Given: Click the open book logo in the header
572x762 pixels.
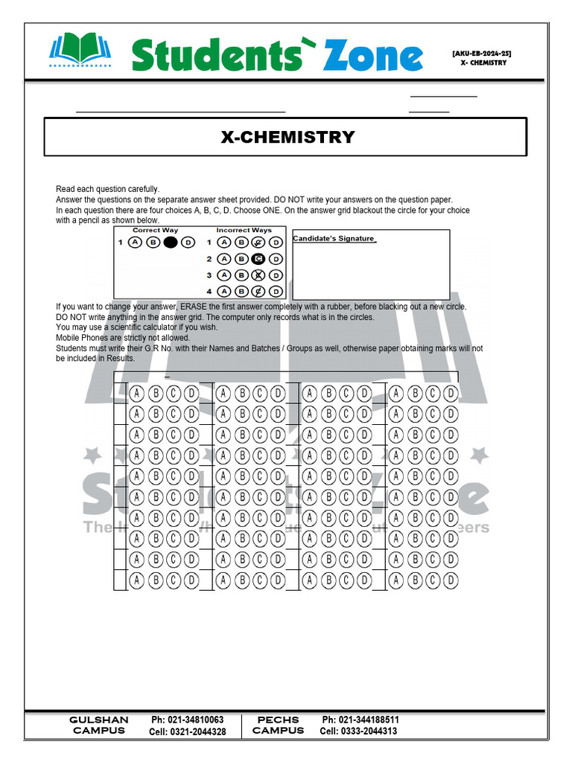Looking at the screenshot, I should click(80, 49).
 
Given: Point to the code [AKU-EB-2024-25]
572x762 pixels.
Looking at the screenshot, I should click(481, 54).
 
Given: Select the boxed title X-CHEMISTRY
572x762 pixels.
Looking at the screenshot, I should click(287, 137).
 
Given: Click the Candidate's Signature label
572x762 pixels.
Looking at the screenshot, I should click(334, 239).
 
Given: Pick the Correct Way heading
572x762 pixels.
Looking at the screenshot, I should click(155, 231).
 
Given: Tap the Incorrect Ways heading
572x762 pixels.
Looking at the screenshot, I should click(244, 231).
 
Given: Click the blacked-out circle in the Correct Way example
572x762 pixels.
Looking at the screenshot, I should click(171, 243).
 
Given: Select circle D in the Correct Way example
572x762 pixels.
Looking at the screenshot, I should click(188, 243).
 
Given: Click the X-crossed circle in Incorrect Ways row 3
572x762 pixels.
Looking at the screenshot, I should click(258, 275).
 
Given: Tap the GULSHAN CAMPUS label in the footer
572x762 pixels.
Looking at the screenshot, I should click(99, 726).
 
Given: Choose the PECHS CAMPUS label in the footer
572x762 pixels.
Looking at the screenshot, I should click(278, 726).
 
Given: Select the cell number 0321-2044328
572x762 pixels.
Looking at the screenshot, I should click(197, 732).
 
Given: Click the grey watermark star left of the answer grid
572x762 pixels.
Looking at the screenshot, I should click(93, 454).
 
